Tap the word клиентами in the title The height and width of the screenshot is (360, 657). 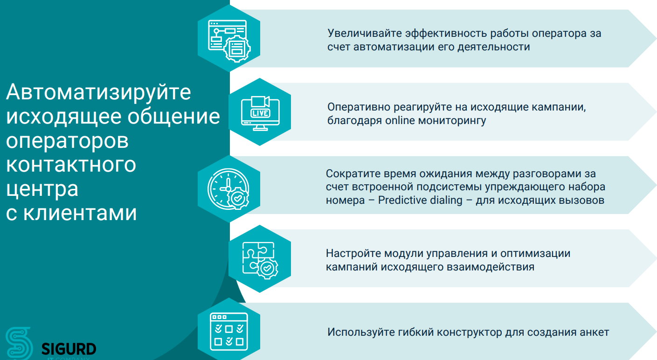coord(80,213)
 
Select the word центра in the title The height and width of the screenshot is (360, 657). coord(42,189)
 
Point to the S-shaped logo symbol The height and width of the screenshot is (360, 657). coord(19,343)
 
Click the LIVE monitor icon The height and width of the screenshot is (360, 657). coord(260,113)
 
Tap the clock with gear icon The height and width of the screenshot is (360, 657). coord(228,189)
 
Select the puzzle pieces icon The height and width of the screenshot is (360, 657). coord(260,260)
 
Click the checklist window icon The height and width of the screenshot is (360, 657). coord(229,332)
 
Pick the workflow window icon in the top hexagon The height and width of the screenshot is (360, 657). coord(229,41)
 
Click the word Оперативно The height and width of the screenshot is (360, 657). coord(359,107)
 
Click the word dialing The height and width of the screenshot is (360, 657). coord(446,201)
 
